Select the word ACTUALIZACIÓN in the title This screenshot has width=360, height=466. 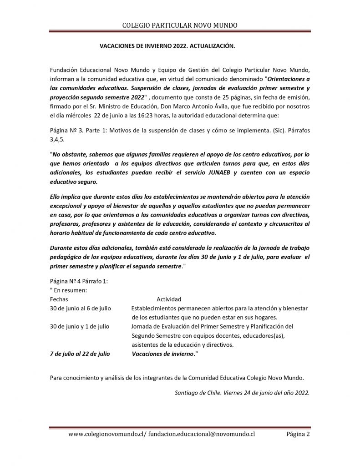pos(211,46)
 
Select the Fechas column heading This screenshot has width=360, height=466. pos(59,299)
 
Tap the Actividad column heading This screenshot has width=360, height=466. pos(169,299)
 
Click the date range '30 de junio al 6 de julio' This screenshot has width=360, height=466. pos(80,308)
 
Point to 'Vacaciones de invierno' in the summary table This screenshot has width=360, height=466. pos(162,353)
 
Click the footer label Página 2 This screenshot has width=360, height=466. pos(298,434)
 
